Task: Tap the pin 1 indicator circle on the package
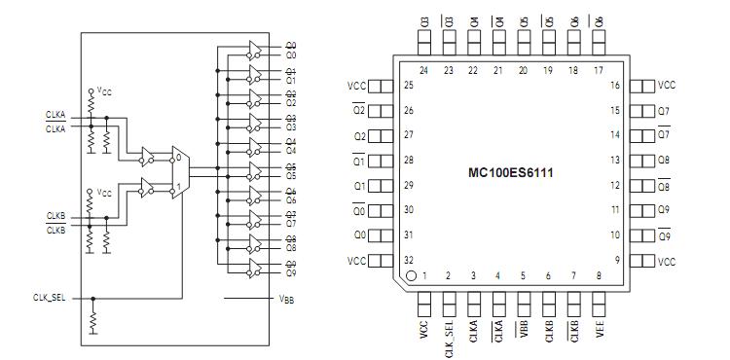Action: coord(412,275)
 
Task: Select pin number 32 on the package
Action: coord(410,260)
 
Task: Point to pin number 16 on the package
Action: coord(615,86)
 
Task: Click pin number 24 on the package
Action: coord(424,70)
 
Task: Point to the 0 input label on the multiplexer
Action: coord(177,156)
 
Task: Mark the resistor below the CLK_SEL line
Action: coord(93,320)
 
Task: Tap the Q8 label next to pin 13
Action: coord(664,160)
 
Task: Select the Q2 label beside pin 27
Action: coord(359,135)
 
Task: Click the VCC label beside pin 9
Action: coord(666,261)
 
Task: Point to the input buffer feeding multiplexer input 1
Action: coord(148,186)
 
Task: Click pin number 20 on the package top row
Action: coord(523,70)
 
